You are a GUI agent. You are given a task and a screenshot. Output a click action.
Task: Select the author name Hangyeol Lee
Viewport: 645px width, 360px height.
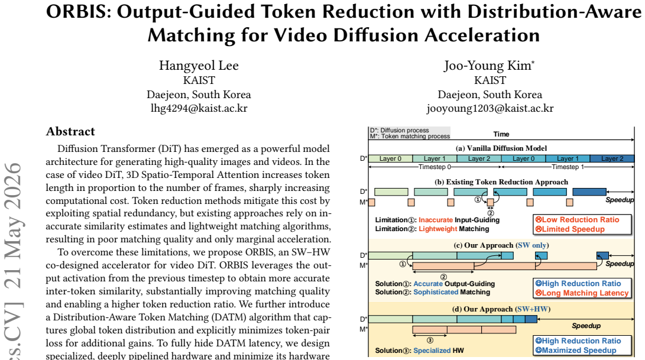pyautogui.click(x=199, y=66)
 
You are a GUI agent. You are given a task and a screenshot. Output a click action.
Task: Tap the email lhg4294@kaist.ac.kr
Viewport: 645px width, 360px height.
pyautogui.click(x=199, y=108)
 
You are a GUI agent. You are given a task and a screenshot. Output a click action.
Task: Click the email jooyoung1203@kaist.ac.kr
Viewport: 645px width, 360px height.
pyautogui.click(x=490, y=108)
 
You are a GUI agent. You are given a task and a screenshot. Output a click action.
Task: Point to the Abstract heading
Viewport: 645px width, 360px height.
pyautogui.click(x=70, y=131)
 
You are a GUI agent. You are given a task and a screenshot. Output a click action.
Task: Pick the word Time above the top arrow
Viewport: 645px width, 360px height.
pyautogui.click(x=501, y=134)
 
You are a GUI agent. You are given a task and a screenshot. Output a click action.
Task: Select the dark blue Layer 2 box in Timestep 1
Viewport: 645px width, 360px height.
pyautogui.click(x=612, y=158)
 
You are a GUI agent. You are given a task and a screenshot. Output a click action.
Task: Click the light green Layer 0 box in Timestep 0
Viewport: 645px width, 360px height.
pyautogui.click(x=390, y=158)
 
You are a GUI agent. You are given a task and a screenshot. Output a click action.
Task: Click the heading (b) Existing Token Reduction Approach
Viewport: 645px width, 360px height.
pyautogui.click(x=501, y=182)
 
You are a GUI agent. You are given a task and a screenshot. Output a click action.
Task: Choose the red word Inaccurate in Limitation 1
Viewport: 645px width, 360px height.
pyautogui.click(x=436, y=220)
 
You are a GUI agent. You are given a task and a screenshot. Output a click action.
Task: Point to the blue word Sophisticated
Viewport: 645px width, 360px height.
pyautogui.click(x=435, y=292)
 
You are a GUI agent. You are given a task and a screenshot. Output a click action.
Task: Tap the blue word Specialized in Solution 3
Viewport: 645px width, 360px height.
pyautogui.click(x=432, y=351)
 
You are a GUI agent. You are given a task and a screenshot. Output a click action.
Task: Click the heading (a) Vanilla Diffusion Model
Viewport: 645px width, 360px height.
pyautogui.click(x=501, y=148)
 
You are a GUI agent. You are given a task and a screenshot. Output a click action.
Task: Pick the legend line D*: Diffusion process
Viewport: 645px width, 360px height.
pyautogui.click(x=399, y=130)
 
